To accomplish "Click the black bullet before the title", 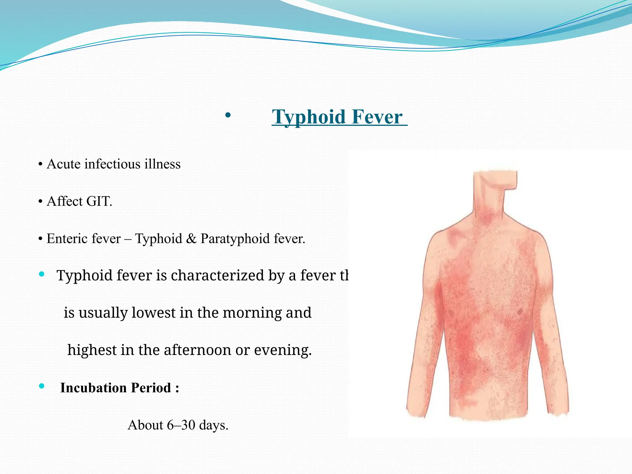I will coord(228,115).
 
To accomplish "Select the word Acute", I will coord(64,164).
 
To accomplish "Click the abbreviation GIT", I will coord(99,202).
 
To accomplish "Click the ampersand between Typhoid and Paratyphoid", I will coord(191,239).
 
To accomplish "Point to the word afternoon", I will coord(197,350).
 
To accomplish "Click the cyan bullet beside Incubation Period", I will coord(42,386).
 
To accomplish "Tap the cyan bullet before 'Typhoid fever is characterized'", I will coord(42,274).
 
